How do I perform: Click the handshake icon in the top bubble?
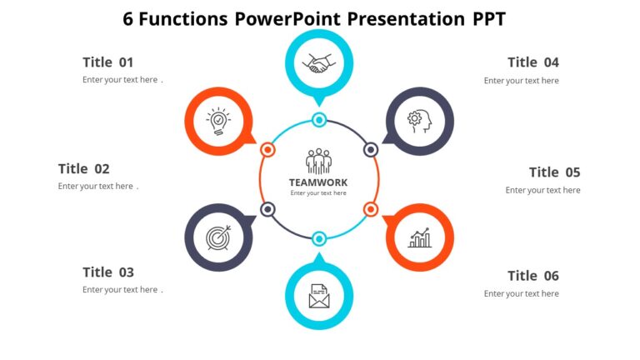(319, 63)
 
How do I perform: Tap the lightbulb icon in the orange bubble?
(219, 121)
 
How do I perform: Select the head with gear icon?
(419, 121)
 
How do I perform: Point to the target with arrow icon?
(219, 237)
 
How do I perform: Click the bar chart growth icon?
(419, 237)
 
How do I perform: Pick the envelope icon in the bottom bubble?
(319, 296)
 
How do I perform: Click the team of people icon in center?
(319, 161)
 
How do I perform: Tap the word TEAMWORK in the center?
(318, 182)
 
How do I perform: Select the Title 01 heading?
(108, 62)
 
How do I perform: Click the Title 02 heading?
(83, 169)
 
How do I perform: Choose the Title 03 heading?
(108, 272)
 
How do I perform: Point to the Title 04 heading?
(533, 62)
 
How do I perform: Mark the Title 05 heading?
(554, 172)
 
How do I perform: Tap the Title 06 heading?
(533, 276)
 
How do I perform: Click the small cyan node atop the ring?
(319, 120)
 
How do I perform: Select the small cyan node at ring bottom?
(319, 239)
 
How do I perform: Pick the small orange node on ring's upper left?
(267, 150)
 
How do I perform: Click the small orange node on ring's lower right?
(371, 209)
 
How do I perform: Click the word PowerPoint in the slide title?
(288, 19)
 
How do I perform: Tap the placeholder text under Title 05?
(542, 190)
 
